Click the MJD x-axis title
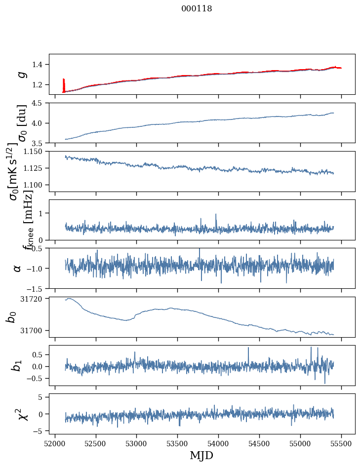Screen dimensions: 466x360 [x=201, y=455]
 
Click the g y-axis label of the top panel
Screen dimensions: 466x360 [x=21, y=74]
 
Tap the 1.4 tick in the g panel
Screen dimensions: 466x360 [x=40, y=64]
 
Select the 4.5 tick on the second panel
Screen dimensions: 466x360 [x=40, y=103]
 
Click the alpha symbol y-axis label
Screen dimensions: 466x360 [x=18, y=268]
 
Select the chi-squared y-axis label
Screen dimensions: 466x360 [x=21, y=414]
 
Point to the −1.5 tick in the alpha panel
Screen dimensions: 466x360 [x=38, y=288]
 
